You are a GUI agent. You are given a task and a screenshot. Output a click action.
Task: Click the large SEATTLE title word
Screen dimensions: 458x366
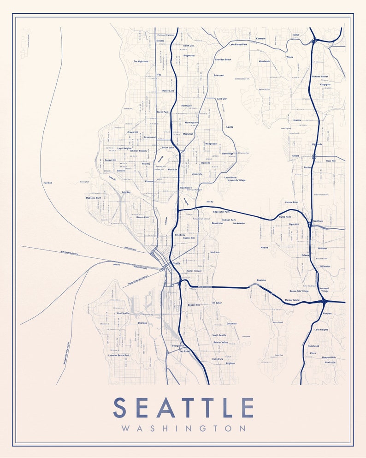[x=183, y=408]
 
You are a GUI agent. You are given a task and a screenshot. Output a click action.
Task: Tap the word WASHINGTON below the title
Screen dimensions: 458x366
[x=183, y=428]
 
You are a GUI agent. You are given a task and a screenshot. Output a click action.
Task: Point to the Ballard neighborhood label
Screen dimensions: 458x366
[x=121, y=171]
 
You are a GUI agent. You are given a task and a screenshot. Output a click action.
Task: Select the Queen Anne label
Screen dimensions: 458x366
[x=142, y=217]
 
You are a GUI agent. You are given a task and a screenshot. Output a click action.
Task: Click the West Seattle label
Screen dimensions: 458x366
[x=123, y=313]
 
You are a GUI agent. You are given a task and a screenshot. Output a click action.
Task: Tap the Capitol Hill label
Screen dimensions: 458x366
[x=189, y=238]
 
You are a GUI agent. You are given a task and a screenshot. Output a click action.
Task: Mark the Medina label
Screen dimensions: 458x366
[x=264, y=248]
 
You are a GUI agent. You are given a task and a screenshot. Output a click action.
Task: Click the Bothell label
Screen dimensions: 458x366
[x=296, y=35]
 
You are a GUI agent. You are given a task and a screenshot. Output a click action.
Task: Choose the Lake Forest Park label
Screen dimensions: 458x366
[x=238, y=44]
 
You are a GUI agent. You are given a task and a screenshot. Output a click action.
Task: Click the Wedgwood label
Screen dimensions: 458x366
[x=211, y=143]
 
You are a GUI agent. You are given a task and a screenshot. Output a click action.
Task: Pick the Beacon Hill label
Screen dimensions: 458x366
[x=194, y=305]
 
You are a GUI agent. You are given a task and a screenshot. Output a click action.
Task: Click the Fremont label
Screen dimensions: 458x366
[x=149, y=182]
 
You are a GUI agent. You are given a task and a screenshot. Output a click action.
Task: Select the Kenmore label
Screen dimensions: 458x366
[x=261, y=38]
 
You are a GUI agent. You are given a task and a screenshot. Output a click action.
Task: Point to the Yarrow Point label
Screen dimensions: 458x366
[x=291, y=202]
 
